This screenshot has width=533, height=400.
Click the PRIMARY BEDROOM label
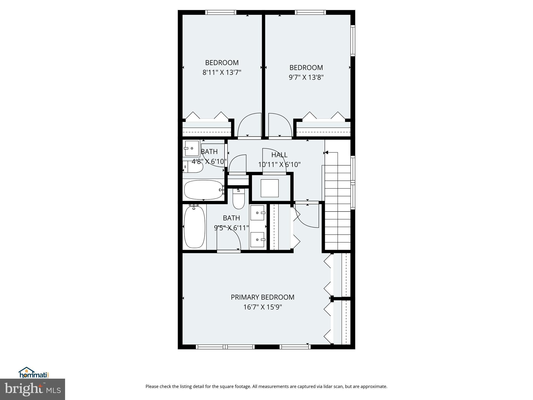[262, 297]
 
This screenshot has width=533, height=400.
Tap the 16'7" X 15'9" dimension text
[262, 307]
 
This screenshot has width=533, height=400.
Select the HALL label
[279, 155]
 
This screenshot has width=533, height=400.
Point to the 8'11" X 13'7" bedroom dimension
[222, 72]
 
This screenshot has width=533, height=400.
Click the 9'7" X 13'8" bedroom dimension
[306, 77]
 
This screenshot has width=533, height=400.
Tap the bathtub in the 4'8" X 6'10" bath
[203, 190]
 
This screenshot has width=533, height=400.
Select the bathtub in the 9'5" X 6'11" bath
[194, 227]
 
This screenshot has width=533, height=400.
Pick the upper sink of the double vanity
[258, 213]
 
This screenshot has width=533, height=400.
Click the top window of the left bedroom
[221, 12]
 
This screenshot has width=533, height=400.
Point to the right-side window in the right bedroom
[353, 40]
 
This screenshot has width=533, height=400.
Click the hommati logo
[34, 373]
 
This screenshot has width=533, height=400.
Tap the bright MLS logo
[32, 389]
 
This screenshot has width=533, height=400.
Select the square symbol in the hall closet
[270, 188]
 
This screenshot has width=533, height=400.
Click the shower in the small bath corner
[191, 148]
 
